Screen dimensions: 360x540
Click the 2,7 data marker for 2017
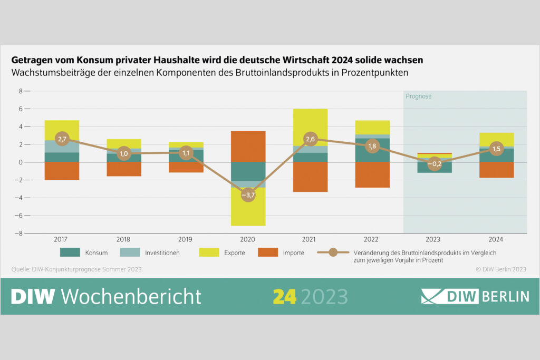coord(62,140)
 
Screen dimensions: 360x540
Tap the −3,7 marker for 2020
coord(248,195)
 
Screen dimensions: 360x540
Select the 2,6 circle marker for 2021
coord(311,140)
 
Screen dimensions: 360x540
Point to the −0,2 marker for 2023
coord(434,163)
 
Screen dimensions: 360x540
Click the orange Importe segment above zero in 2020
coord(248,146)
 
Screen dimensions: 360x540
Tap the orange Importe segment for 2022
coord(372,174)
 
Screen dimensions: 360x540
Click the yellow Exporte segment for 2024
coord(496,139)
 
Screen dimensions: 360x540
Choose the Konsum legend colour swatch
coord(70,252)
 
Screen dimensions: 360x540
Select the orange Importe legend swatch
coord(268,252)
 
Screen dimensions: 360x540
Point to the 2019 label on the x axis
coord(186,239)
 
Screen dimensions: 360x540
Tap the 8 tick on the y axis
coord(21,91)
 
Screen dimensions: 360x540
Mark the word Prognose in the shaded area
coord(419,96)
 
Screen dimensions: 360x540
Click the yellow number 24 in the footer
coord(285,296)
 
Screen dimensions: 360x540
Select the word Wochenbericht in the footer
coord(131,296)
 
